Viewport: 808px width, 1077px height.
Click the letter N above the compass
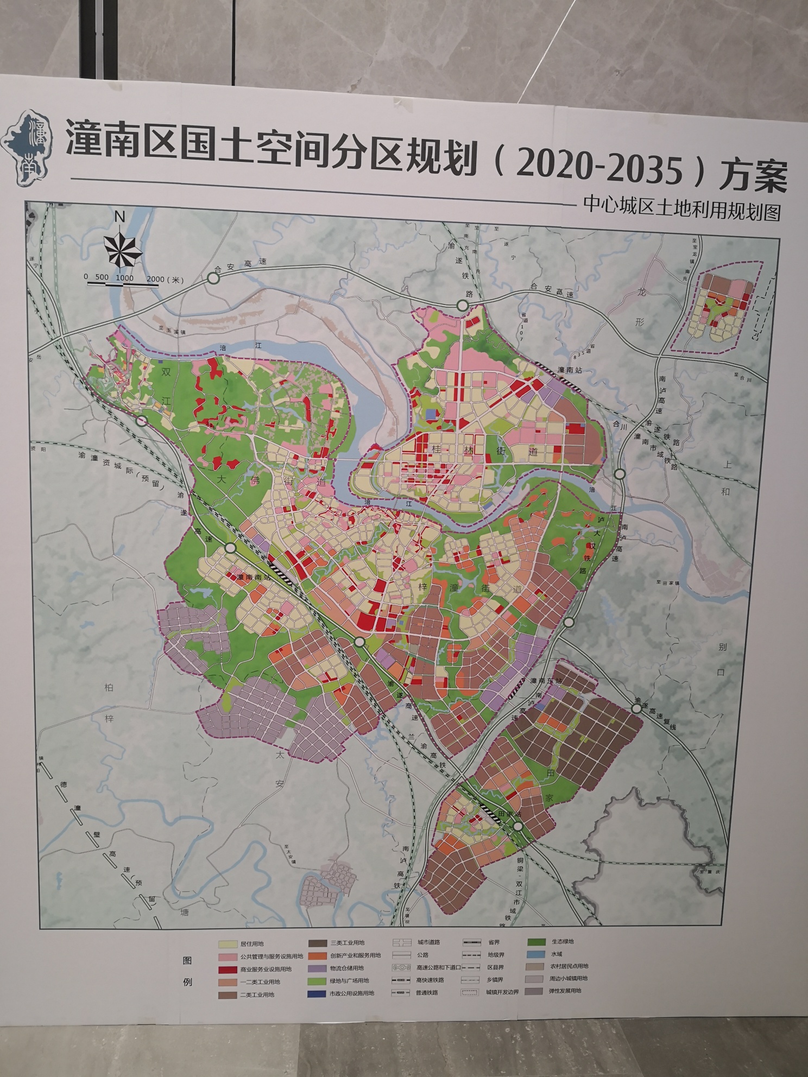[120, 217]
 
